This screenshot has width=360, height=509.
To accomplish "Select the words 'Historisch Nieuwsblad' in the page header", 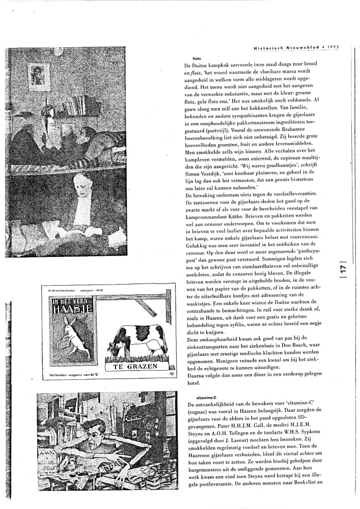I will pyautogui.click(x=286, y=48).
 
